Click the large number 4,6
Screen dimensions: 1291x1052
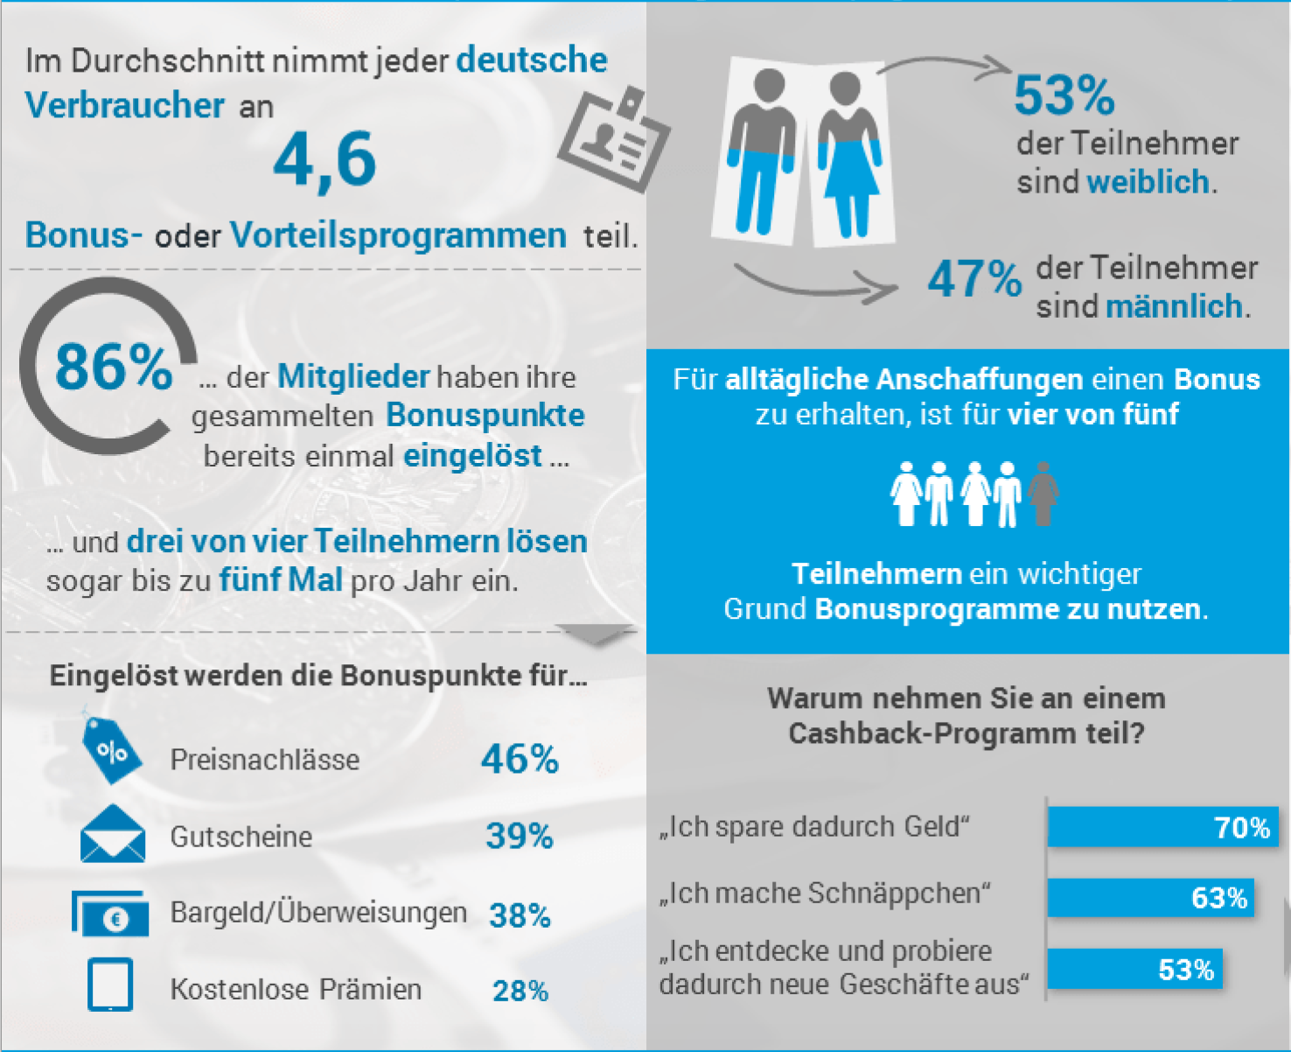coord(324,161)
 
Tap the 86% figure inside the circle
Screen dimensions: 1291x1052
coord(114,367)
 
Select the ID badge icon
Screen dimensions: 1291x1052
coord(613,140)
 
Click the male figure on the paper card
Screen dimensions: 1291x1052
coord(761,151)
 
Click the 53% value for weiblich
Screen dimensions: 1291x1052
coord(1064,95)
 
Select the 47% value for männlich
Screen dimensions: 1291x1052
coord(974,279)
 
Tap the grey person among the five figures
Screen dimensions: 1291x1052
coord(1043,494)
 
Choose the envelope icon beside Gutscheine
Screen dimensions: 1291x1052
coord(113,833)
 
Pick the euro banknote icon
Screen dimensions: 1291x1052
coord(110,913)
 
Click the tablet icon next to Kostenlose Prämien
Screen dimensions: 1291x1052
coord(110,984)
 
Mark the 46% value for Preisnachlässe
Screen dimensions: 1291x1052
coord(520,759)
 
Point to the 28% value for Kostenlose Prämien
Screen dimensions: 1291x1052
coord(520,992)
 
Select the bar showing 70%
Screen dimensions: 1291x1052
coord(1163,826)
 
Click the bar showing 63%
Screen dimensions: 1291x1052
coord(1151,897)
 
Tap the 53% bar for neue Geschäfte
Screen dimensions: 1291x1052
coord(1134,969)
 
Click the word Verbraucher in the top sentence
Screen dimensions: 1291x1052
coord(125,106)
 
